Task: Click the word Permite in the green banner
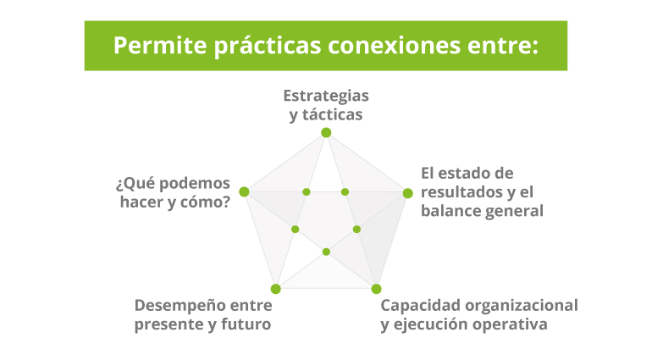pyautogui.click(x=160, y=46)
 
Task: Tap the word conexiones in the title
pyautogui.click(x=394, y=46)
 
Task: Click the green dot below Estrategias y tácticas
pyautogui.click(x=326, y=133)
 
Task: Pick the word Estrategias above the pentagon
pyautogui.click(x=326, y=96)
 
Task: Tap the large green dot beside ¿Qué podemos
pyautogui.click(x=244, y=192)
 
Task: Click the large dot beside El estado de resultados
pyautogui.click(x=407, y=193)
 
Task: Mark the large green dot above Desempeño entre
pyautogui.click(x=276, y=289)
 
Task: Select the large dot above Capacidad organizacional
pyautogui.click(x=376, y=289)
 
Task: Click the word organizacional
pyautogui.click(x=522, y=307)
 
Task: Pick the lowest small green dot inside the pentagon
pyautogui.click(x=326, y=252)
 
